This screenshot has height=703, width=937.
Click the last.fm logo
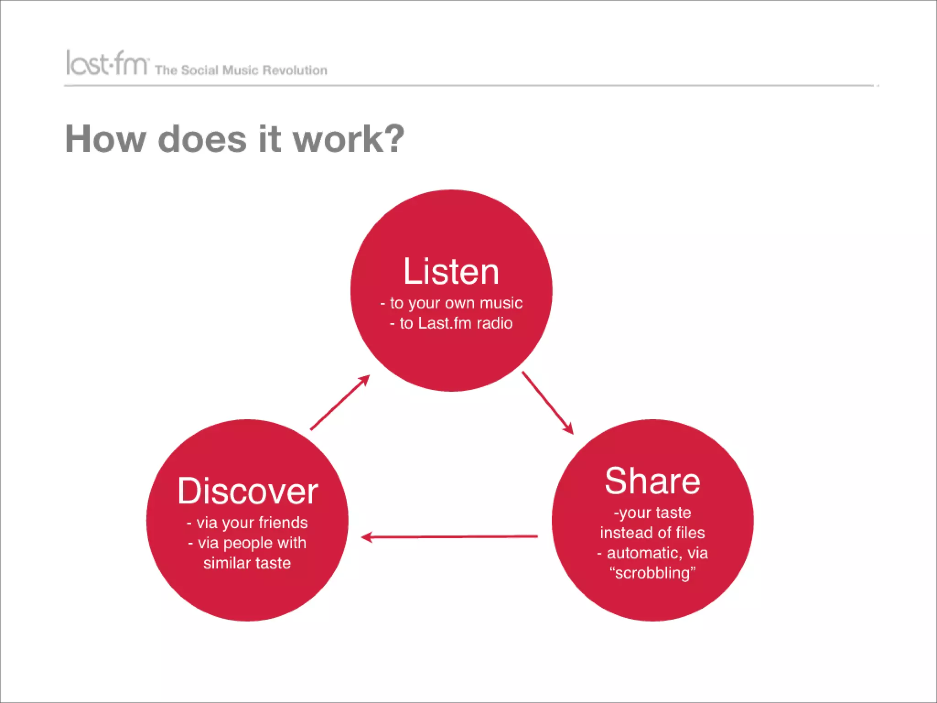point(107,63)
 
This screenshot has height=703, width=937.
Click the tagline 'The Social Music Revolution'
point(241,70)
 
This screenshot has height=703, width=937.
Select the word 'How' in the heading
point(105,139)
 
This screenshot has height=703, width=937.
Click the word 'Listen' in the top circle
point(451,272)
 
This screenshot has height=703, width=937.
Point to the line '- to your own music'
point(451,303)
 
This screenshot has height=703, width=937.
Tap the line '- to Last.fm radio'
point(451,323)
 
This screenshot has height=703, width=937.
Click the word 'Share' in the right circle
point(652,481)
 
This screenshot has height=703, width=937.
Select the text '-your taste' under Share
point(652,513)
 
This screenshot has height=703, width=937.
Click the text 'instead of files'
point(652,533)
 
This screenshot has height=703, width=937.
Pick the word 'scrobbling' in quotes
point(652,573)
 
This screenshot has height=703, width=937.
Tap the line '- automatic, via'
point(652,553)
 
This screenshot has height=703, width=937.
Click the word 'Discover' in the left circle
point(248,491)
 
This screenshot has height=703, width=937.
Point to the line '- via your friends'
point(248,523)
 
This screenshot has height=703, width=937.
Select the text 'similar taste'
point(247,563)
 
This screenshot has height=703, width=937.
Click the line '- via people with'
point(248,543)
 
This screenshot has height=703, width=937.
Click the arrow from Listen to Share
point(547,403)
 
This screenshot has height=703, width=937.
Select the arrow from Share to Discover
point(450,537)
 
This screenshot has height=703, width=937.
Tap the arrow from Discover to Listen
point(339,403)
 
